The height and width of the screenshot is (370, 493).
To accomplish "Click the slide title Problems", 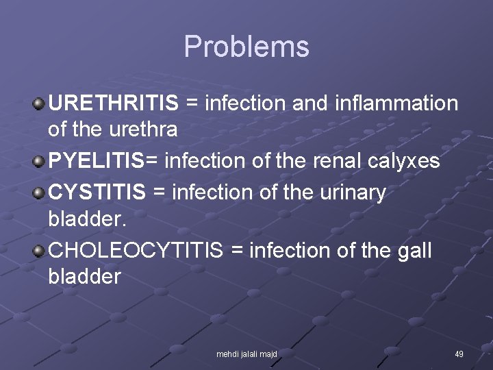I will [x=246, y=47].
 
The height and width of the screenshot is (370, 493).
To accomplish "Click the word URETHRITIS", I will [x=114, y=103].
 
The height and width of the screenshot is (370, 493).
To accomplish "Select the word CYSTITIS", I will [x=97, y=193].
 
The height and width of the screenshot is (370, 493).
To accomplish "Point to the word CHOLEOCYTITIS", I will [x=136, y=251].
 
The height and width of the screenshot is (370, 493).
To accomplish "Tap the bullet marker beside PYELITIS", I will [x=39, y=162].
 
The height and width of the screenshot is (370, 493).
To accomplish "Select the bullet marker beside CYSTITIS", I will [x=39, y=193].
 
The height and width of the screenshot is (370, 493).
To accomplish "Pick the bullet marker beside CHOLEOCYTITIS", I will [x=39, y=251].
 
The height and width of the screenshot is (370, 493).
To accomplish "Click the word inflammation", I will [x=396, y=103].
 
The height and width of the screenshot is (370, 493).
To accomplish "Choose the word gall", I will [x=414, y=251].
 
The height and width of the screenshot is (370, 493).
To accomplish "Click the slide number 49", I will [x=459, y=354].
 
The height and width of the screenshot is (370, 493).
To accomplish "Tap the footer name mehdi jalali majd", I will [x=246, y=354].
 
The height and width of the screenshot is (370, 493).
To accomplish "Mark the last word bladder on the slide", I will [x=84, y=276].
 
